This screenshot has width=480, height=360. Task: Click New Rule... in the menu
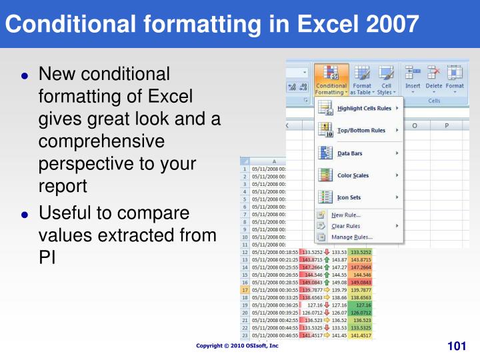tap(345, 215)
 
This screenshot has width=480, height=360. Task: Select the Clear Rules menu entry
tap(347, 226)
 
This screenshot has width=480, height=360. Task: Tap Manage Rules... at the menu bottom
tap(351, 237)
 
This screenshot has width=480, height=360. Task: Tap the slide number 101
tap(456, 346)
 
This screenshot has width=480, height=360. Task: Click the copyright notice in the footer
tap(237, 346)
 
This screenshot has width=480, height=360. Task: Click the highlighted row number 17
tap(245, 290)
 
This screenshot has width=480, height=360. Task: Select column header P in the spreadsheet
tap(446, 125)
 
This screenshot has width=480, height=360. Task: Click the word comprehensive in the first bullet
tap(101, 141)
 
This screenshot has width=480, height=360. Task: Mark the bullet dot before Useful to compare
tap(25, 215)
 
